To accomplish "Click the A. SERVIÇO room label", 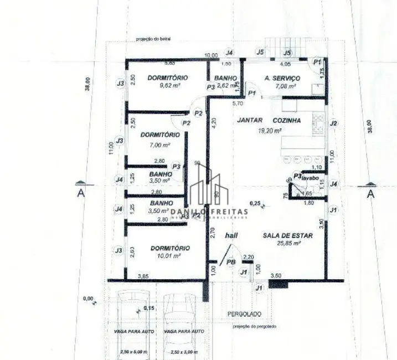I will (282, 78).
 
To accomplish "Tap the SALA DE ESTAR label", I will (287, 235).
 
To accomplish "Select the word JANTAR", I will (250, 120).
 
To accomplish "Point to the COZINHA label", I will (287, 120).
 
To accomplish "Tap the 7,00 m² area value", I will (159, 145).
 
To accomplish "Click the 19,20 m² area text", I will (270, 131).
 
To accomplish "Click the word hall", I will (231, 236).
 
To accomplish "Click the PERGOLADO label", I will (244, 314).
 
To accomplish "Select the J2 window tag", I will (333, 123).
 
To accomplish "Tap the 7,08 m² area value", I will (283, 86).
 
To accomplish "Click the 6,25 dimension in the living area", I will (255, 203).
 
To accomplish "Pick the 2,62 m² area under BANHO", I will (227, 86).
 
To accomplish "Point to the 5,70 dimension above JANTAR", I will (238, 104).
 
